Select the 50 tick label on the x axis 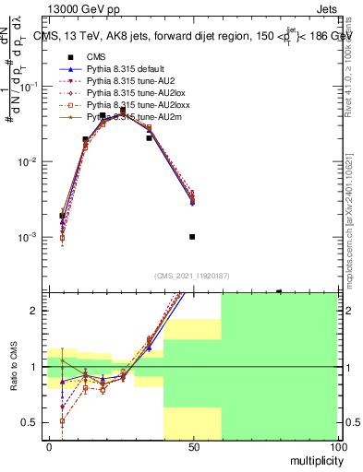(193, 447)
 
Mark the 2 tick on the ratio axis (37, 311)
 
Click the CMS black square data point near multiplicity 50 (192, 237)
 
